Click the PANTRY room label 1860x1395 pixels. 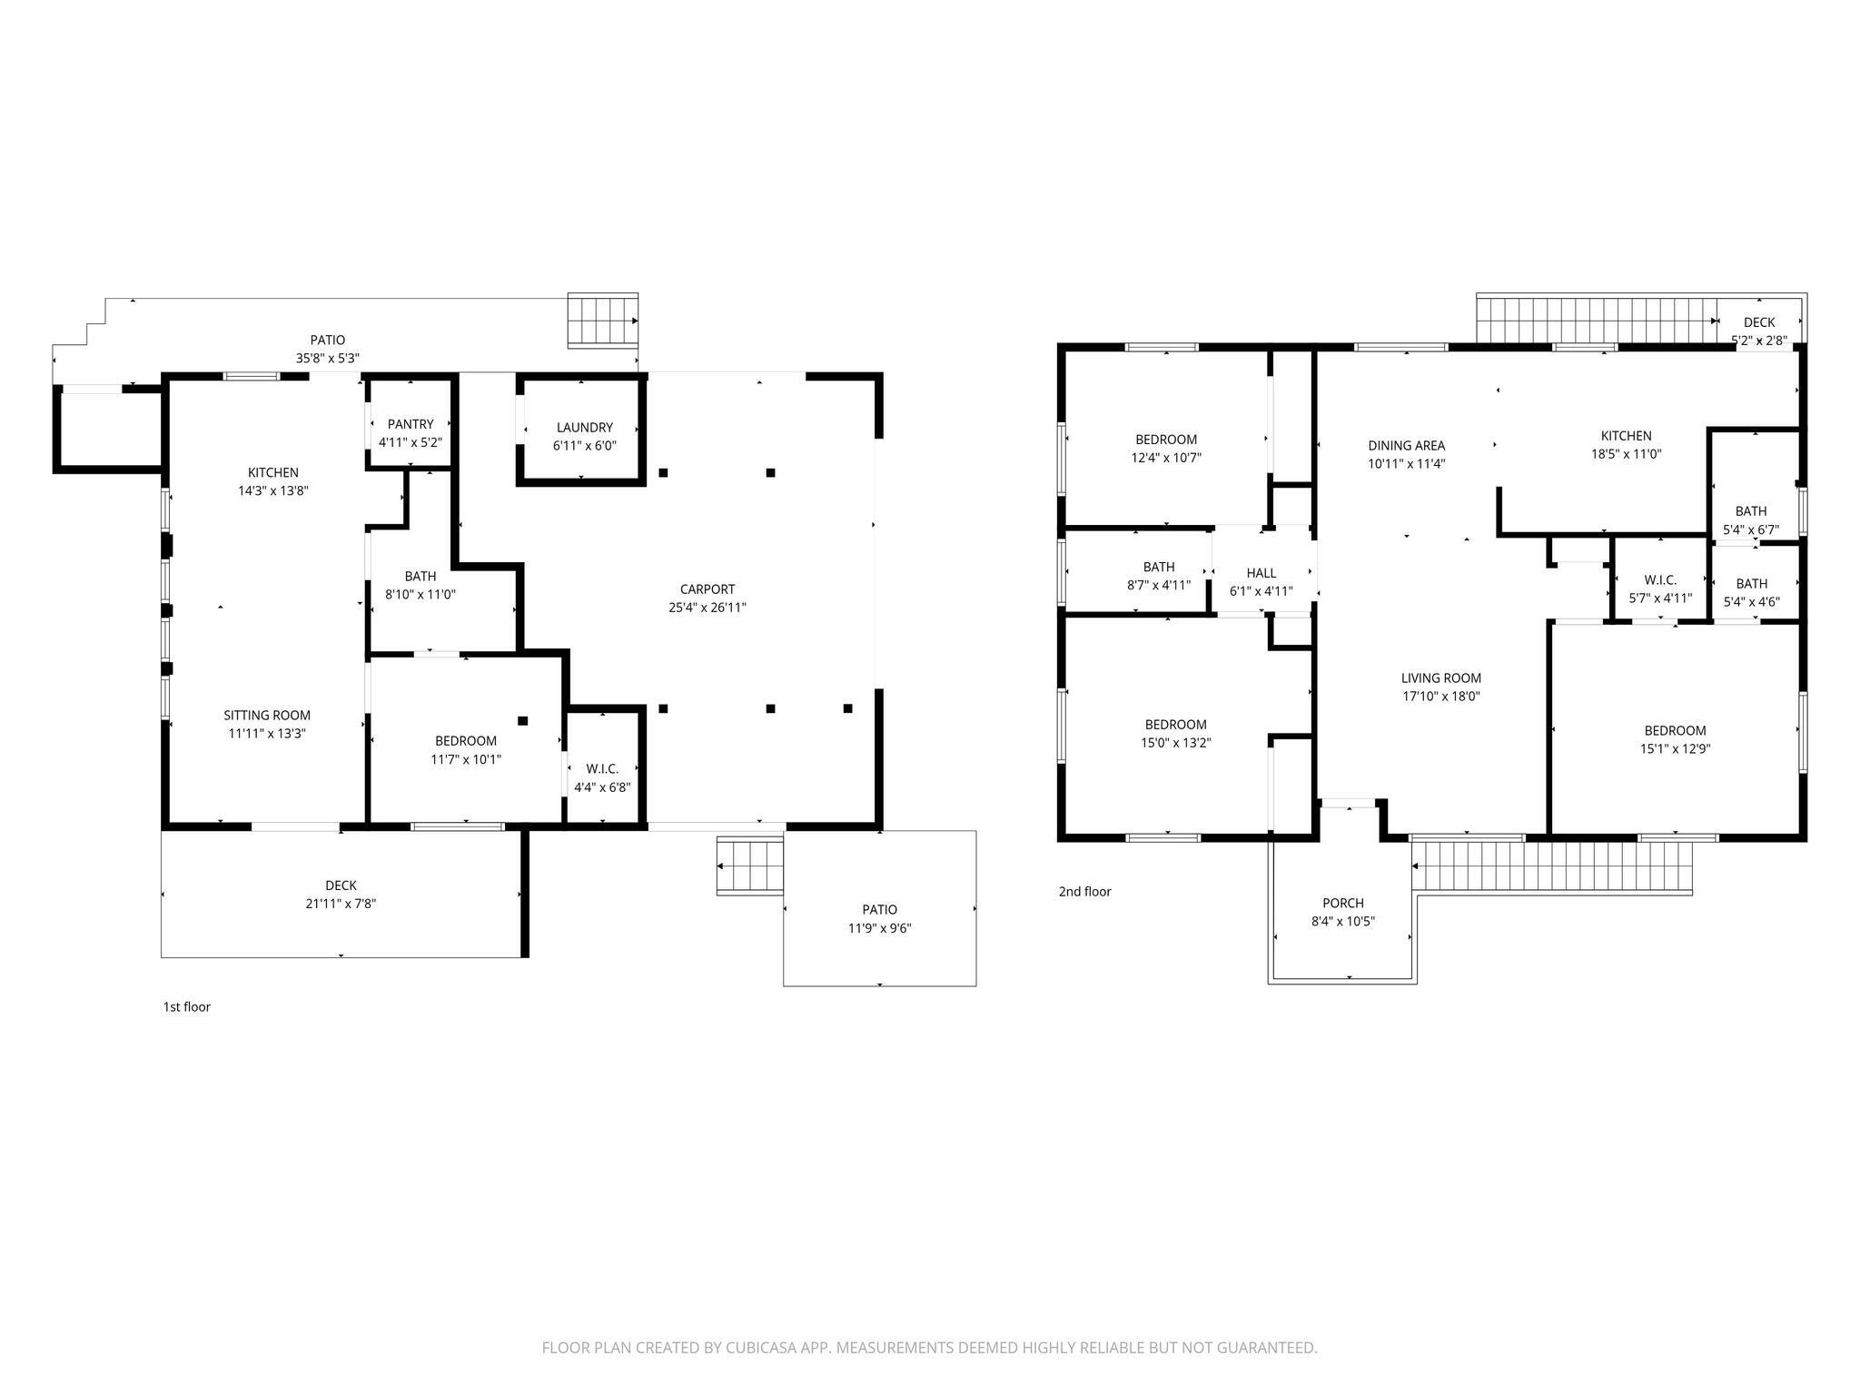click(411, 424)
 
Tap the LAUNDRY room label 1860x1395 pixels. click(585, 428)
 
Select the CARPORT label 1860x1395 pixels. click(707, 589)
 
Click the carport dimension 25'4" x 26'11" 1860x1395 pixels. click(707, 608)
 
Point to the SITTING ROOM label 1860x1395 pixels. click(267, 716)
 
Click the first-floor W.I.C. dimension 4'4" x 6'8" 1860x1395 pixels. click(602, 787)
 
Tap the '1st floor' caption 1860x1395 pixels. click(186, 1006)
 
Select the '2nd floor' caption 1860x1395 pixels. click(1084, 892)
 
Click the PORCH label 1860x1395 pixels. click(1343, 903)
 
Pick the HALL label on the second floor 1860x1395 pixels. click(1261, 573)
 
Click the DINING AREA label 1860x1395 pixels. click(1407, 446)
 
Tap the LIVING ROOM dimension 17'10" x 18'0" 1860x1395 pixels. click(1441, 697)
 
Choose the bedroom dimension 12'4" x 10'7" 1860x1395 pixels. click(1166, 458)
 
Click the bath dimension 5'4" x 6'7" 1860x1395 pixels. click(1751, 529)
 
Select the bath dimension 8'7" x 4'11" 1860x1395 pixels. click(1159, 585)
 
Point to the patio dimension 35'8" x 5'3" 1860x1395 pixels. click(328, 358)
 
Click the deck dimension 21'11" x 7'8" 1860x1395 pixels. click(341, 904)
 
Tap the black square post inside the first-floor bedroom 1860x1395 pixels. click(522, 721)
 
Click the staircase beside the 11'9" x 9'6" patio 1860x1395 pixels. click(750, 866)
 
